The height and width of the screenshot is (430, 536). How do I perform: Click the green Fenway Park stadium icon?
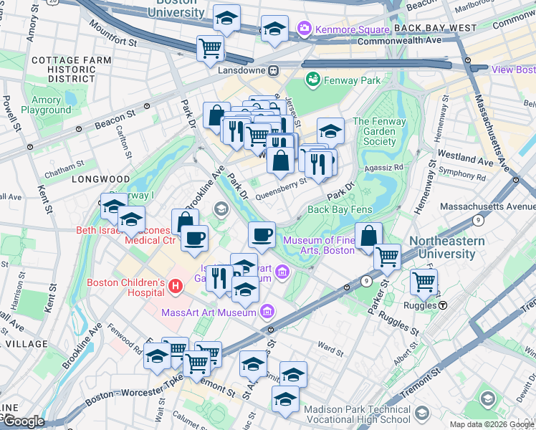pyautogui.click(x=312, y=80)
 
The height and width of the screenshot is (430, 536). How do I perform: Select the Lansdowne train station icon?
pyautogui.click(x=273, y=70)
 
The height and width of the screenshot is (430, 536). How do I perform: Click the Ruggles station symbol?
pyautogui.click(x=444, y=305)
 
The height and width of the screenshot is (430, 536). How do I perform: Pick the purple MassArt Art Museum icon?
pyautogui.click(x=267, y=312)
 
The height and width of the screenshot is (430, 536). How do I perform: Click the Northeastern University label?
pyautogui.click(x=446, y=248)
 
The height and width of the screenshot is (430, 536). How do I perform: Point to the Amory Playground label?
pyautogui.click(x=46, y=105)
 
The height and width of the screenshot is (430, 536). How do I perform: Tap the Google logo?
pyautogui.click(x=23, y=421)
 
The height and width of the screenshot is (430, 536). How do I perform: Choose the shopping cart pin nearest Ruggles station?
pyautogui.click(x=423, y=281)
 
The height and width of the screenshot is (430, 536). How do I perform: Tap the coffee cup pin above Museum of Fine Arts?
pyautogui.click(x=262, y=234)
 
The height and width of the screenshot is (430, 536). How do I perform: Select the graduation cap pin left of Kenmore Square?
pyautogui.click(x=274, y=29)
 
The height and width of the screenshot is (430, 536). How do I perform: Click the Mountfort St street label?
pyautogui.click(x=113, y=34)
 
